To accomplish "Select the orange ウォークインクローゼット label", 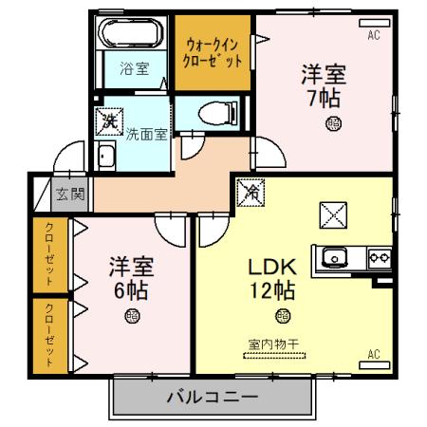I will tap(213, 51).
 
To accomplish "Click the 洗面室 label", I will tap(147, 134).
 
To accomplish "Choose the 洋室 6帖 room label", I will tap(130, 277).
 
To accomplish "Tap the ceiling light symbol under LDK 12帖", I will tap(282, 316).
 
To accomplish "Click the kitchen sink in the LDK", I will tap(337, 256).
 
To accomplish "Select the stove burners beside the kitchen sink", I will tap(379, 255).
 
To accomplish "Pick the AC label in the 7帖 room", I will tap(375, 35).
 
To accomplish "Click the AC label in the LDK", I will tap(374, 355).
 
